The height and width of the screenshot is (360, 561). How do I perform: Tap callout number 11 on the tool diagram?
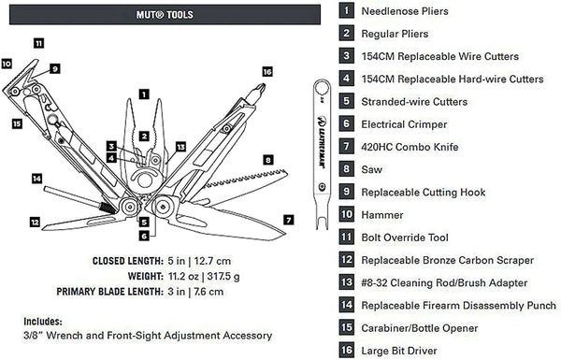37,43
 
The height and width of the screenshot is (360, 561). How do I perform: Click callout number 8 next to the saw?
269,160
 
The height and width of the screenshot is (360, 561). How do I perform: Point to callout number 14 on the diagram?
37,178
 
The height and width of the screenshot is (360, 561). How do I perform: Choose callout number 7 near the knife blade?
288,221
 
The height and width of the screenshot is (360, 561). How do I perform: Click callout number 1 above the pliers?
143,94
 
